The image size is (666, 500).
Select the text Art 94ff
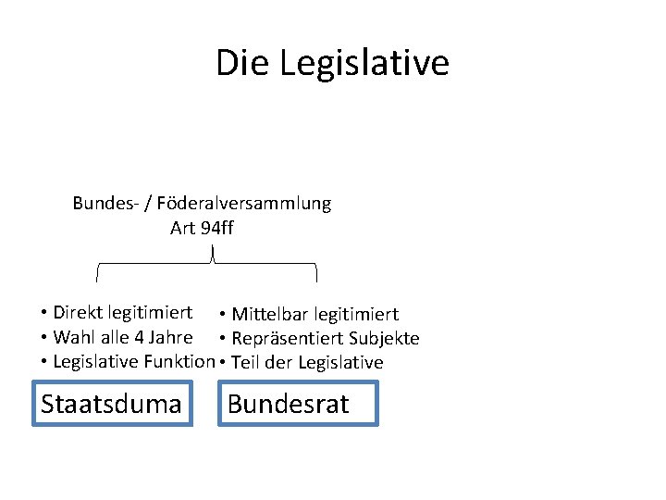tap(202, 227)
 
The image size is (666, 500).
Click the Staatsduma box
tap(112, 404)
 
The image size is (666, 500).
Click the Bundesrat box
tap(298, 404)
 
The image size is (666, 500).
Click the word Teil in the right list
tap(247, 362)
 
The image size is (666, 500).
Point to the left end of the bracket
tap(99, 274)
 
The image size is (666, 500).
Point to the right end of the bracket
tap(317, 274)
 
